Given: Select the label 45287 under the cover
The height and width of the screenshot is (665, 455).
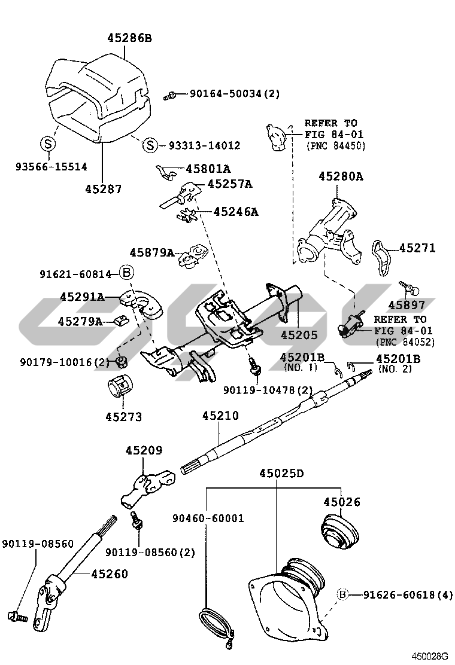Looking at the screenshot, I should click(103, 189).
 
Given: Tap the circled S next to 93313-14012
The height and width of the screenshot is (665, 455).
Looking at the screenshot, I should click(151, 145).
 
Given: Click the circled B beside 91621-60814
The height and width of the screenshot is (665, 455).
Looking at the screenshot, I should click(126, 273).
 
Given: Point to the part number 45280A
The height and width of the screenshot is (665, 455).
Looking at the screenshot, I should click(341, 176).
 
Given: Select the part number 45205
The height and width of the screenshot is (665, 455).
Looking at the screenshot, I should click(299, 335).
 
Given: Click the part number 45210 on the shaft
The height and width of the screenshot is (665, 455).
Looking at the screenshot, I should click(220, 416).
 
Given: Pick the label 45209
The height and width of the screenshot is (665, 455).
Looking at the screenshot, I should click(144, 450).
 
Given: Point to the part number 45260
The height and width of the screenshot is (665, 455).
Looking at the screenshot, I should click(110, 575).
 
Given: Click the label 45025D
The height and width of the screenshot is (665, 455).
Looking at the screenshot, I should click(281, 474).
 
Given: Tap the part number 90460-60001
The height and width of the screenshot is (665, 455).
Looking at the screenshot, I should click(208, 518).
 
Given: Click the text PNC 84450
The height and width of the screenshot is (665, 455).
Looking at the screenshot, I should click(335, 146).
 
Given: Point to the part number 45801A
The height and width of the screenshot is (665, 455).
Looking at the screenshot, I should click(208, 169).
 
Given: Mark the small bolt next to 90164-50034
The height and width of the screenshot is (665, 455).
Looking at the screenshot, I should click(169, 94).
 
